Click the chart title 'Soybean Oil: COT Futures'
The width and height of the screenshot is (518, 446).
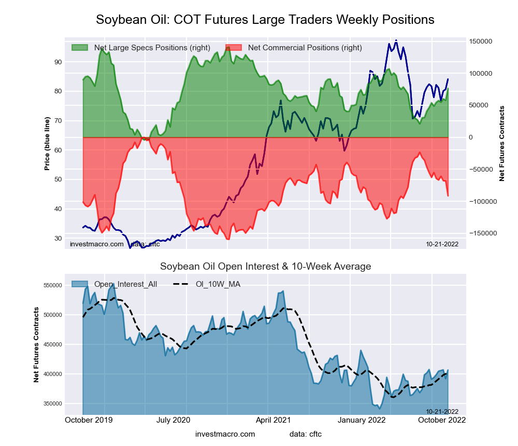[x=265, y=20]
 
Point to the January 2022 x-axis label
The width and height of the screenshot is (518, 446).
[x=363, y=420]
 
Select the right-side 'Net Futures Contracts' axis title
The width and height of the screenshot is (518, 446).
[x=501, y=144]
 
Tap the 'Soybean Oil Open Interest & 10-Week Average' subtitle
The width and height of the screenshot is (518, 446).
[x=265, y=267]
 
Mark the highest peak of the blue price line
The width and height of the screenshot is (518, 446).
[x=396, y=40]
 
